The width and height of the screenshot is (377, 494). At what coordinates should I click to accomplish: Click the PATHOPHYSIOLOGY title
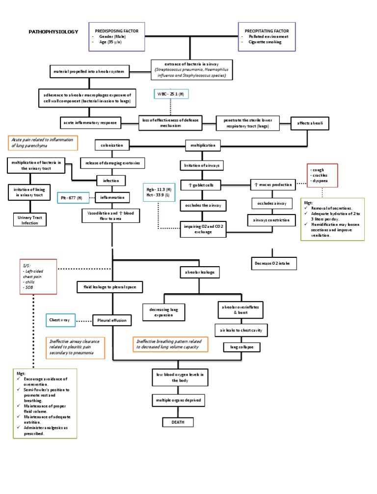pyautogui.click(x=53, y=31)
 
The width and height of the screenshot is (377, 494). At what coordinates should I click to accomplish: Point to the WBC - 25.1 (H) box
pyautogui.click(x=170, y=94)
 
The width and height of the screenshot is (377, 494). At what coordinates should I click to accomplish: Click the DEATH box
pyautogui.click(x=177, y=422)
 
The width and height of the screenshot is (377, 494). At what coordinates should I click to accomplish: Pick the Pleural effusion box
pyautogui.click(x=112, y=320)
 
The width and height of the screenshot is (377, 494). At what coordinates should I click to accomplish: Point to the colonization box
pyautogui.click(x=112, y=145)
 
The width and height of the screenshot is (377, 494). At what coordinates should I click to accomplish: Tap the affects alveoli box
pyautogui.click(x=307, y=123)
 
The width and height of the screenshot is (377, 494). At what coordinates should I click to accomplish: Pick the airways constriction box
pyautogui.click(x=271, y=220)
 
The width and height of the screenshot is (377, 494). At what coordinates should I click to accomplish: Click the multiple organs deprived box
pyautogui.click(x=177, y=400)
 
